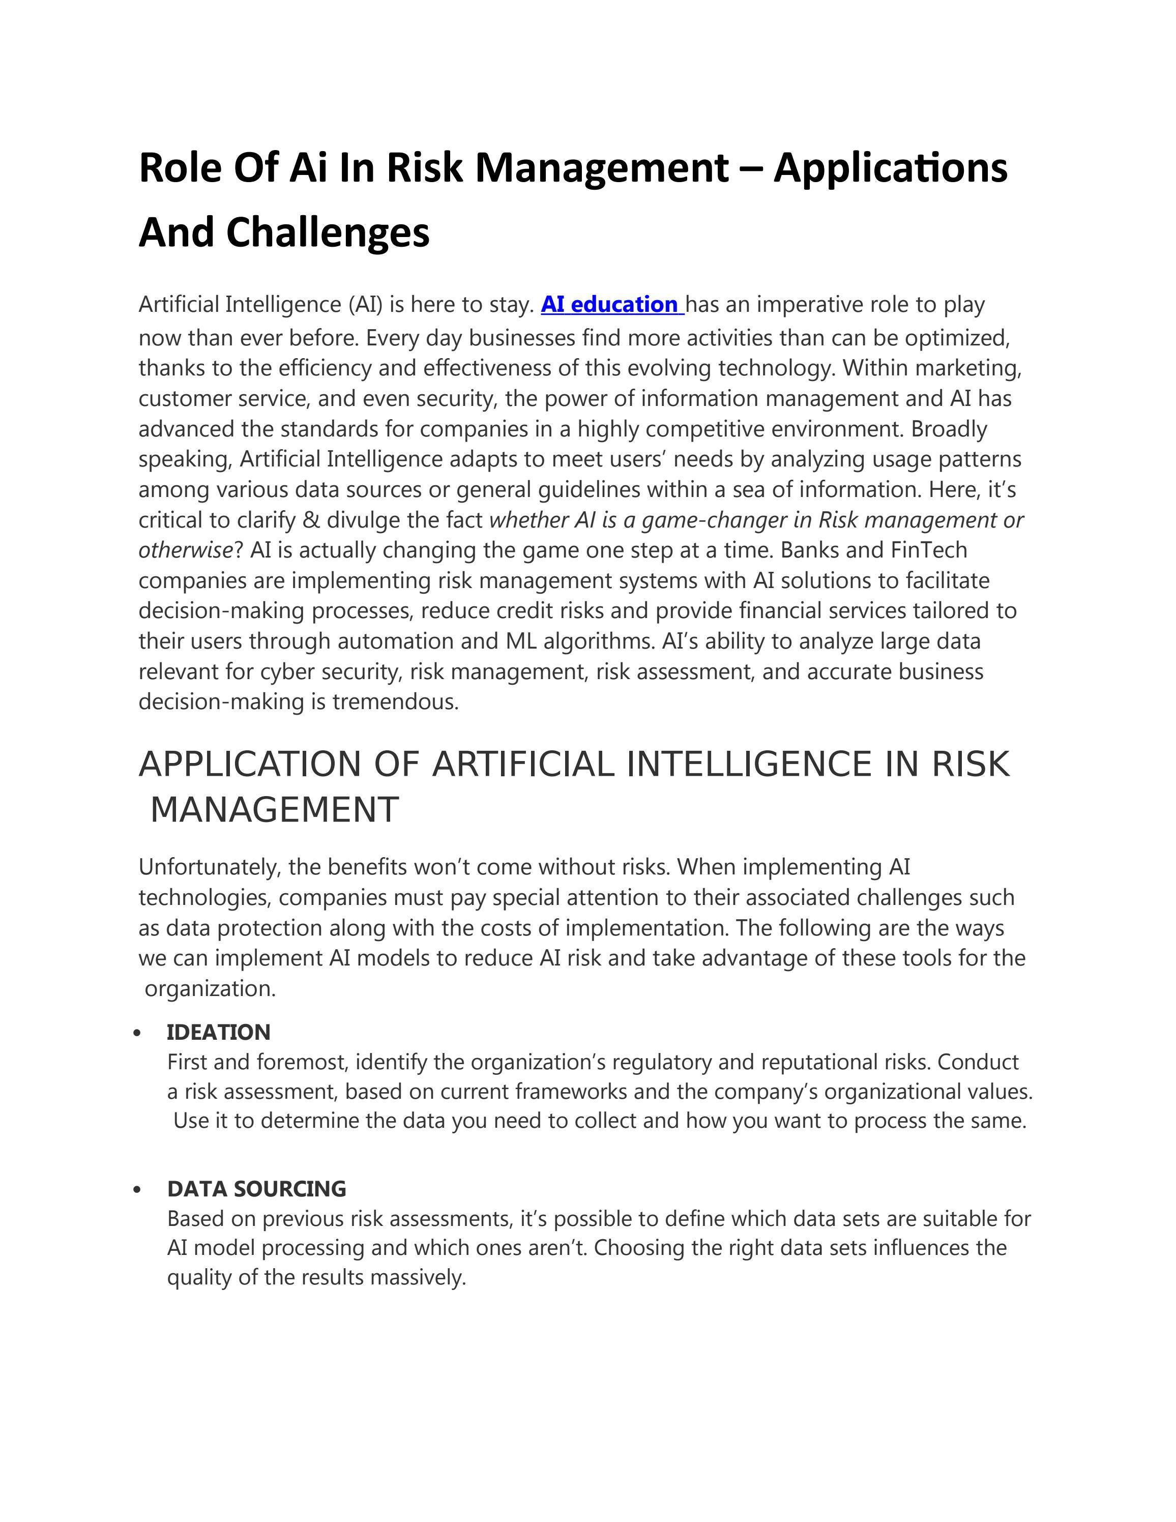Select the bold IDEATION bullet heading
218,1032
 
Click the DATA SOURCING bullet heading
256,1188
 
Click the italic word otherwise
185,550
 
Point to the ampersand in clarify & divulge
311,520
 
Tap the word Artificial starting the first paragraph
179,305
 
